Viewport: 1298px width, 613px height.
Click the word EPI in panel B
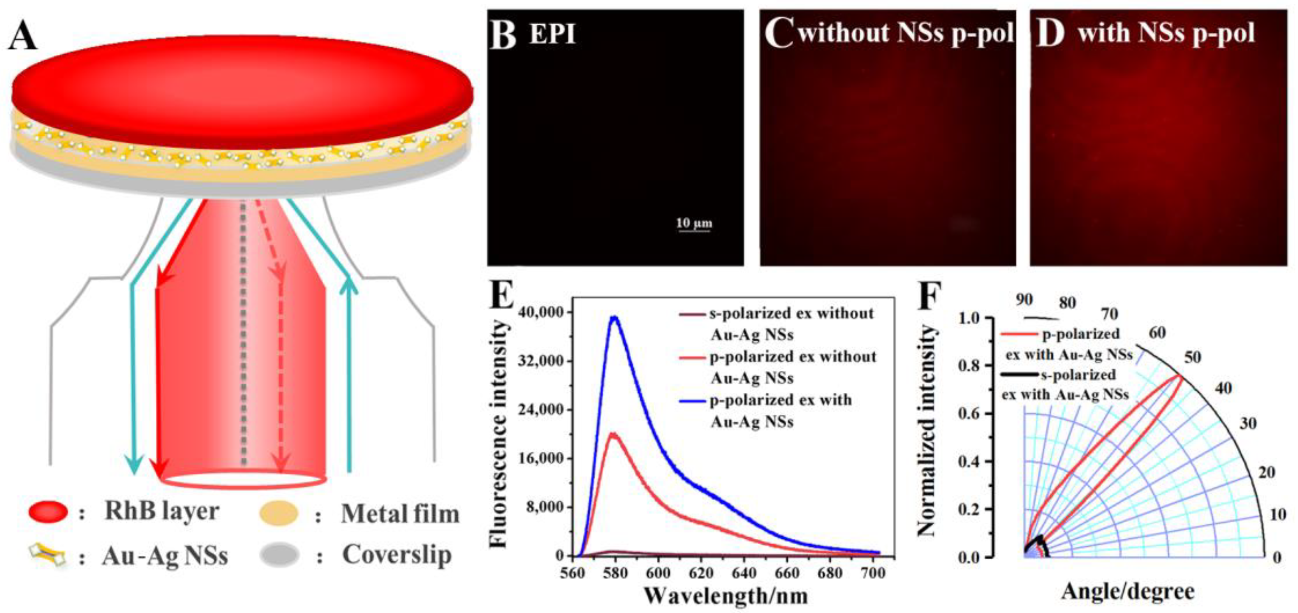552,34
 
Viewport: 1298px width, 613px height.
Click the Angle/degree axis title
1127,591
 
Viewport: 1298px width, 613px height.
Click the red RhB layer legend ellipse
48,512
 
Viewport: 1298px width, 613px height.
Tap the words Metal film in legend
400,514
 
